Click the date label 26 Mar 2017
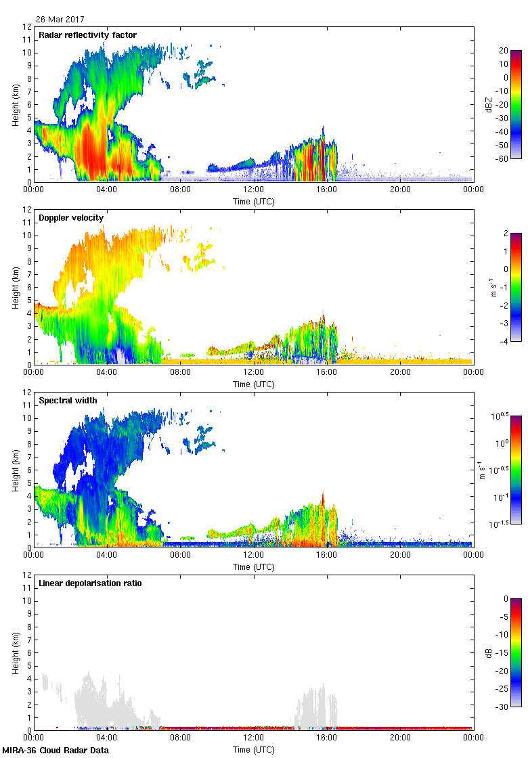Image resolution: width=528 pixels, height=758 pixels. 60,20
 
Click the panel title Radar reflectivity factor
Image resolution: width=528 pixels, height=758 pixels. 87,35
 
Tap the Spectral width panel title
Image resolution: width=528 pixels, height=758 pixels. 68,401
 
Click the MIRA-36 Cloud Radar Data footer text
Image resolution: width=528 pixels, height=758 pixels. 56,750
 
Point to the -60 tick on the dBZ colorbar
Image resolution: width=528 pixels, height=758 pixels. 504,158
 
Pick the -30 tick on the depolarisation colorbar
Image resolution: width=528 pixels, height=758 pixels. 504,707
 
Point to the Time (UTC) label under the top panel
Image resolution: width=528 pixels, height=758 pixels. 253,201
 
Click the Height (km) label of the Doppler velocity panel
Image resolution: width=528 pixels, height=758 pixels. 15,287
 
